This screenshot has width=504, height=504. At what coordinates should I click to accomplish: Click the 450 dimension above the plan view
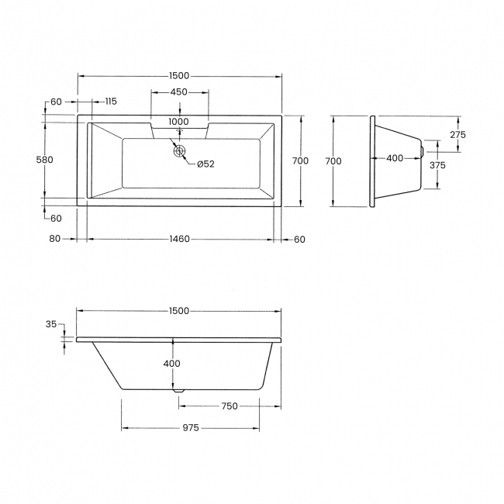coord(178,92)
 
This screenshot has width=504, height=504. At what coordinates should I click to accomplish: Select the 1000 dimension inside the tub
coord(178,122)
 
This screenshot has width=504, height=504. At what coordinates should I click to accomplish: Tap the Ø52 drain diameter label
coord(205,164)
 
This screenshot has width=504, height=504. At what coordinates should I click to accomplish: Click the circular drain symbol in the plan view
coord(181,151)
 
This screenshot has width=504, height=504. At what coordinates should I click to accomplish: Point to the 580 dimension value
coord(45,161)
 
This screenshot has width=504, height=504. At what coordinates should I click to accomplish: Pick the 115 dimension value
coord(109,102)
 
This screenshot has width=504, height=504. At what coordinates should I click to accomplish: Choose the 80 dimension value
coord(54,239)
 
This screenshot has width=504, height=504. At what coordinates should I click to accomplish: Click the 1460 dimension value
coord(179,239)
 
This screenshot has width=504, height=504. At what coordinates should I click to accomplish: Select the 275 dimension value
coord(457,134)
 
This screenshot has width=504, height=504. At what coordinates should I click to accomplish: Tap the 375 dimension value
coord(437,165)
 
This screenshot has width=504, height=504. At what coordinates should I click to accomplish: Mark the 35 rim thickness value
coord(51,325)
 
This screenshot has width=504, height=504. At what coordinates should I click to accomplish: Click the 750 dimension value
coord(229,406)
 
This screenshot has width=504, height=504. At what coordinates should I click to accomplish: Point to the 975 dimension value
coord(190,427)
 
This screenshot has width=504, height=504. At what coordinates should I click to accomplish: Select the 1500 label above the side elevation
coord(178,311)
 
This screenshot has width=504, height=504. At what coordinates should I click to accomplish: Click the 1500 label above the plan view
coord(178,75)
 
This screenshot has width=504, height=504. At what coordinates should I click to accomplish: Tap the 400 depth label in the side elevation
coord(171,364)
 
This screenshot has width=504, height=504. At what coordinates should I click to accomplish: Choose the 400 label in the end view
coord(394,158)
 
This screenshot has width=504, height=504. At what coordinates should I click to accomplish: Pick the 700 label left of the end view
coord(333,161)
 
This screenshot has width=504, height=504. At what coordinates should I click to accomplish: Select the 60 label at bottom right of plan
coord(299,239)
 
